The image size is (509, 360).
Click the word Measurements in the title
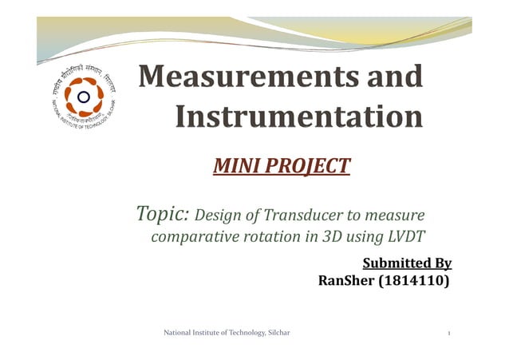(x=237, y=77)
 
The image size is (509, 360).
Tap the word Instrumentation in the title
(x=298, y=117)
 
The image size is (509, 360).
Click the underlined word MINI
(x=237, y=166)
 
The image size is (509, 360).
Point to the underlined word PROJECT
(x=307, y=166)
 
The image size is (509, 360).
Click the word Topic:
(x=163, y=214)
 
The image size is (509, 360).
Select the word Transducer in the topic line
(x=302, y=215)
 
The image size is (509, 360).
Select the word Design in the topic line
(x=211, y=215)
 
